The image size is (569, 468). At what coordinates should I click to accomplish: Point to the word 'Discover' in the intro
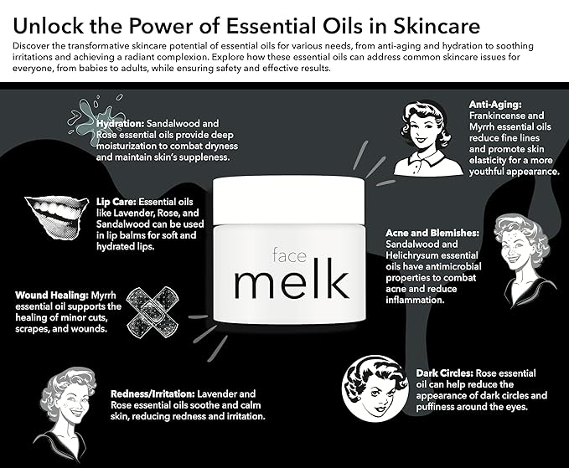32,42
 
